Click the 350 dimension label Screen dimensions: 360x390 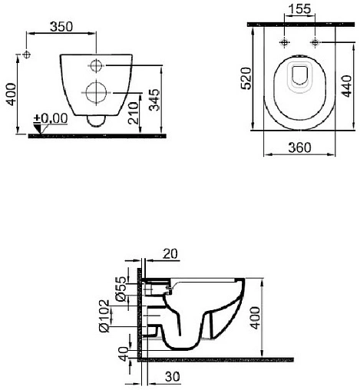coord(61,27)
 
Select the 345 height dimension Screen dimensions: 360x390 coord(154,100)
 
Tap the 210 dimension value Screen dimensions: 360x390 coord(134,113)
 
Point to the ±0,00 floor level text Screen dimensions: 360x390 coord(51,118)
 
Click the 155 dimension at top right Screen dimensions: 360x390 coord(299,9)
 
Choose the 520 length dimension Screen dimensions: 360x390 coord(246,78)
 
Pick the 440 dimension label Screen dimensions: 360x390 coord(347,86)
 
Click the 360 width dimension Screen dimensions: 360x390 coord(299,147)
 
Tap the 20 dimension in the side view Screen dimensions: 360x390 coord(170,254)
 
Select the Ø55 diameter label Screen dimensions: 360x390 coord(121,289)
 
